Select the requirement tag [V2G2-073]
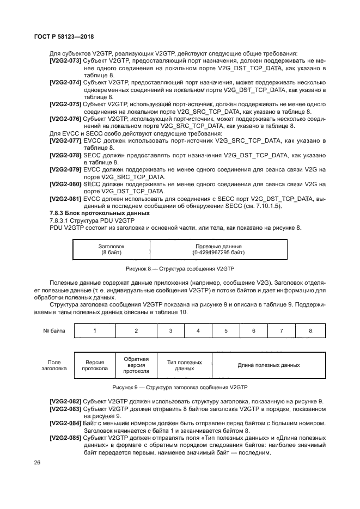tap(65, 60)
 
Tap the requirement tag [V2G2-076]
tap(65, 119)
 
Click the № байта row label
tap(53, 330)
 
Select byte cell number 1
tap(95, 330)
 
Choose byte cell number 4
tap(198, 330)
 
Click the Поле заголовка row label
tap(53, 365)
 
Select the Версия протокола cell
tap(95, 365)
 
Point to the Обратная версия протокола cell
tap(136, 365)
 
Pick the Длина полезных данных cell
tap(269, 365)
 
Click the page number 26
tap(38, 463)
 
